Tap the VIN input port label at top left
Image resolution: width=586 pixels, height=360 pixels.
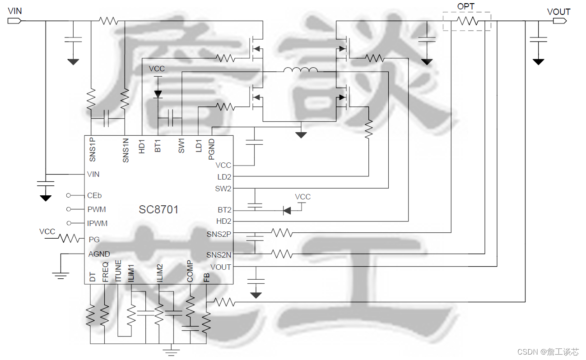(x=15, y=11)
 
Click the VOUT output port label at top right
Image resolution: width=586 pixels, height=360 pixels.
(x=558, y=12)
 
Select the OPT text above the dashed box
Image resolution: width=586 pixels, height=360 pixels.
(x=466, y=6)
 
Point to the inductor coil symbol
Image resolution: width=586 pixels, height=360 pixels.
(x=300, y=70)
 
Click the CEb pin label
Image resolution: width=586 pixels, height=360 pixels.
(x=94, y=195)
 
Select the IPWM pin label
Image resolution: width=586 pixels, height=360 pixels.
(x=98, y=223)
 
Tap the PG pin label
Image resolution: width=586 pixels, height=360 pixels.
(x=94, y=239)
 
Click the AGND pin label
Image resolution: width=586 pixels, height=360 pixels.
(x=99, y=254)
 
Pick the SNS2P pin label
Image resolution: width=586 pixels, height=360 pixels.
(x=219, y=234)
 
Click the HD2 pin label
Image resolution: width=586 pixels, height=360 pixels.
(x=223, y=222)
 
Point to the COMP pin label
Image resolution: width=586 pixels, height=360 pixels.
(x=190, y=271)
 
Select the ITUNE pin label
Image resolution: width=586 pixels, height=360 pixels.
(x=118, y=271)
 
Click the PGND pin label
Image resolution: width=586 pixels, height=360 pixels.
(x=211, y=149)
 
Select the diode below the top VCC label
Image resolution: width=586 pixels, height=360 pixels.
(x=158, y=94)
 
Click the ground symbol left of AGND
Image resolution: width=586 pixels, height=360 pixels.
(x=60, y=273)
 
